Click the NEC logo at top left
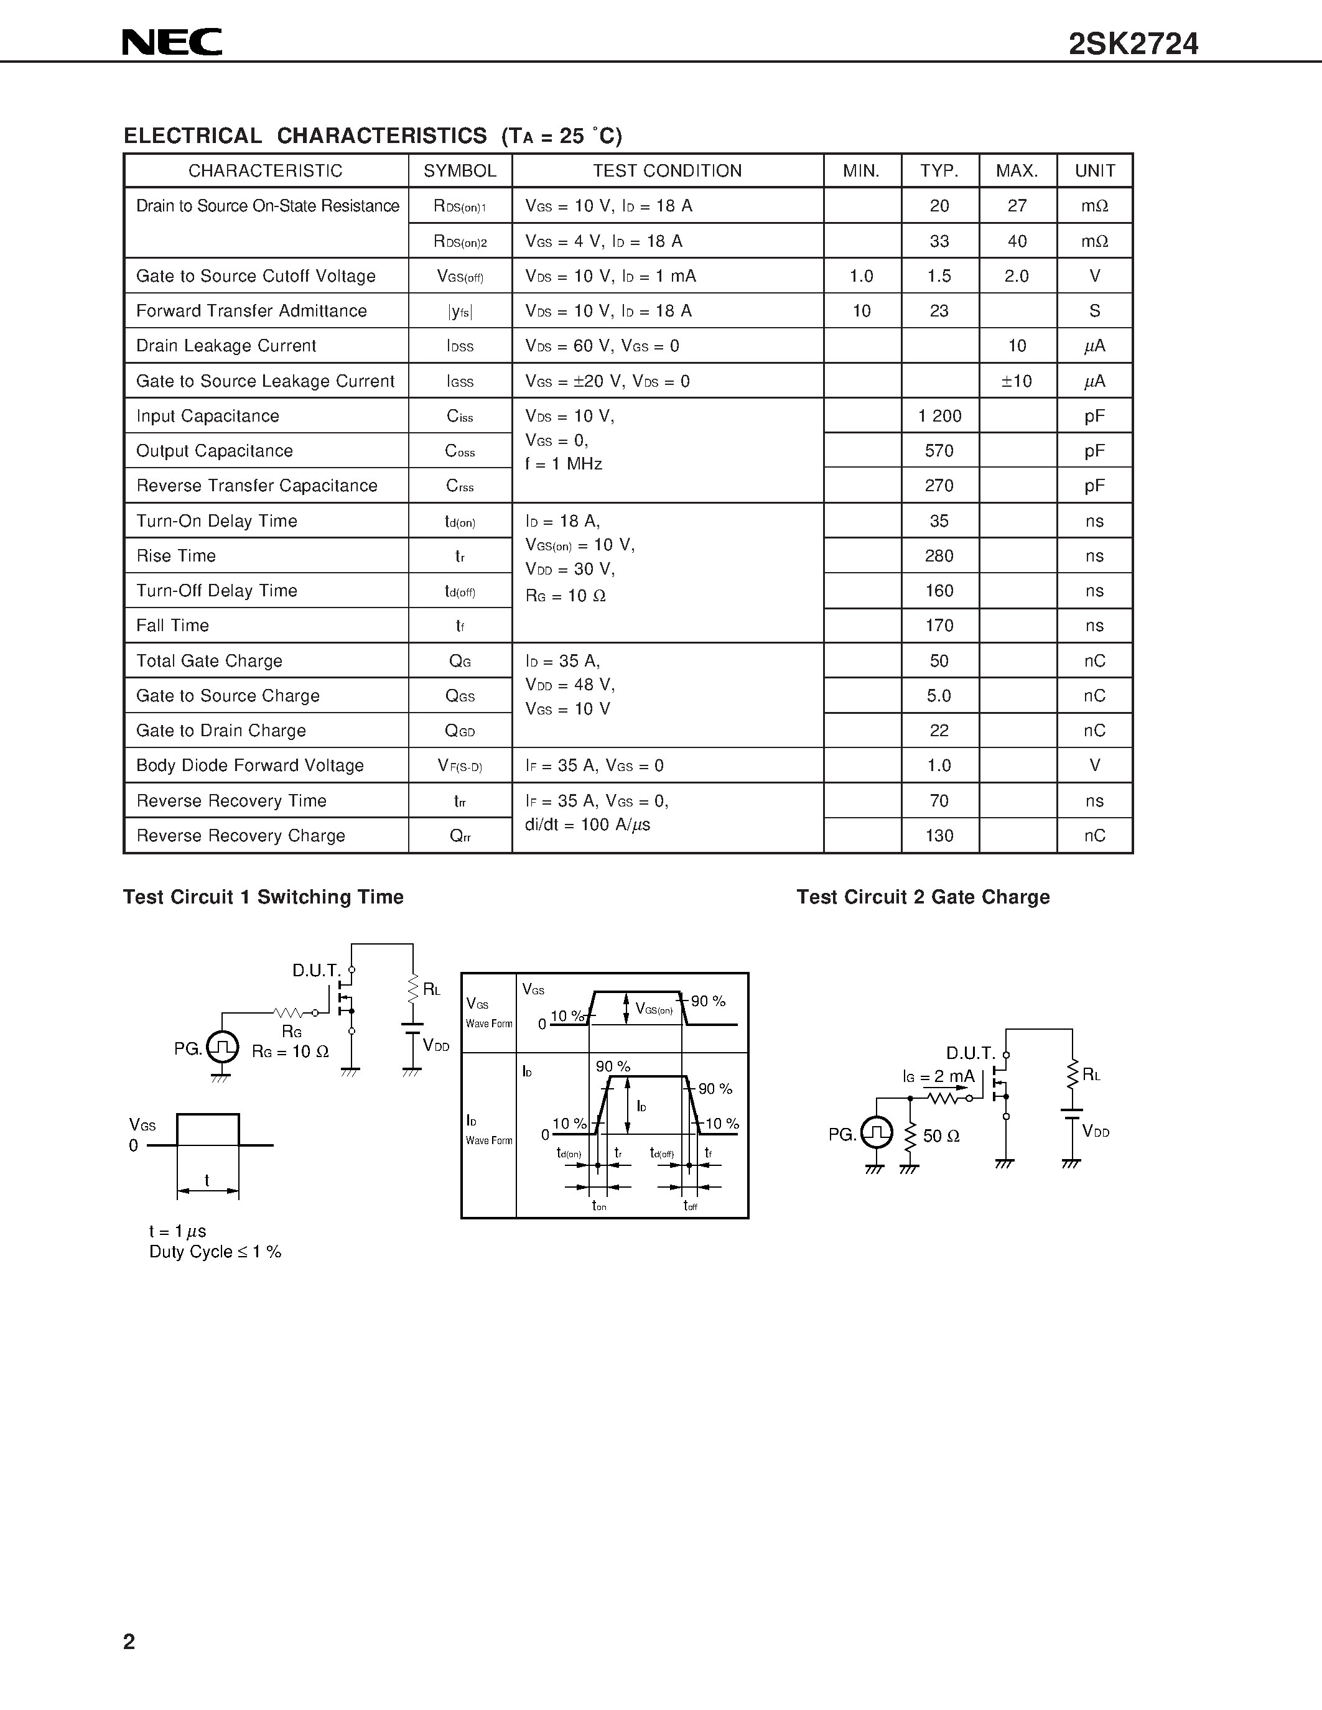pos(172,42)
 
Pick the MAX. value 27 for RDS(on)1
pos(1017,206)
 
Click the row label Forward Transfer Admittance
pos(251,311)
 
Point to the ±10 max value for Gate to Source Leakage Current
pos(1017,381)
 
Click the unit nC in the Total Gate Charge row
pos(1094,661)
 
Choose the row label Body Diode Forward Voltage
pos(250,765)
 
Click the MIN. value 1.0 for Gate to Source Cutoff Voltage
pos(862,276)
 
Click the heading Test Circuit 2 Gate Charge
pos(923,897)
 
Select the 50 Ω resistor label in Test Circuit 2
pos(941,1136)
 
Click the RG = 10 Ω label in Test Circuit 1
pos(290,1051)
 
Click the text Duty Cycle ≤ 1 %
pos(215,1252)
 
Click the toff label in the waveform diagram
pos(690,1206)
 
